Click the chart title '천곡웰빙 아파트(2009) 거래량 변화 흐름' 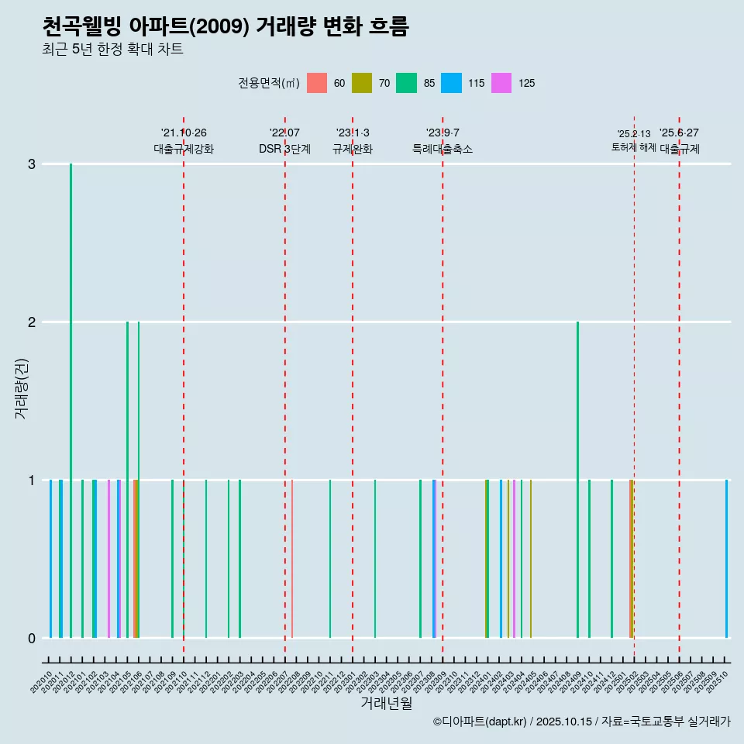point(226,27)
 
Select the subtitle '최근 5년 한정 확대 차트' point(112,50)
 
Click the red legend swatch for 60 point(317,83)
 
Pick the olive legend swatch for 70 point(362,83)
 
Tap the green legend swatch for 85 point(406,83)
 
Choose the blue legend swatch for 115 point(451,83)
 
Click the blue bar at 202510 point(726,558)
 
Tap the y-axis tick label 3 point(32,164)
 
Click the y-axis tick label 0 point(32,638)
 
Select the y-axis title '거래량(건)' point(21,388)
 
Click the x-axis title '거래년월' point(386,703)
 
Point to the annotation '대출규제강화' point(184,149)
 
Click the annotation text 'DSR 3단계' point(284,149)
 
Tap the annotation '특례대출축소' point(443,149)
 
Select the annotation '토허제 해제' point(634,147)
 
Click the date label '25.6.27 point(679,133)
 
